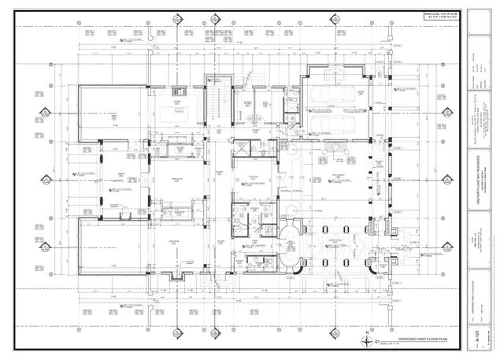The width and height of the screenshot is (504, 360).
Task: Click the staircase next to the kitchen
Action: [x=213, y=102]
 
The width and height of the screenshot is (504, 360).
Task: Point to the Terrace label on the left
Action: [x=121, y=180]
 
